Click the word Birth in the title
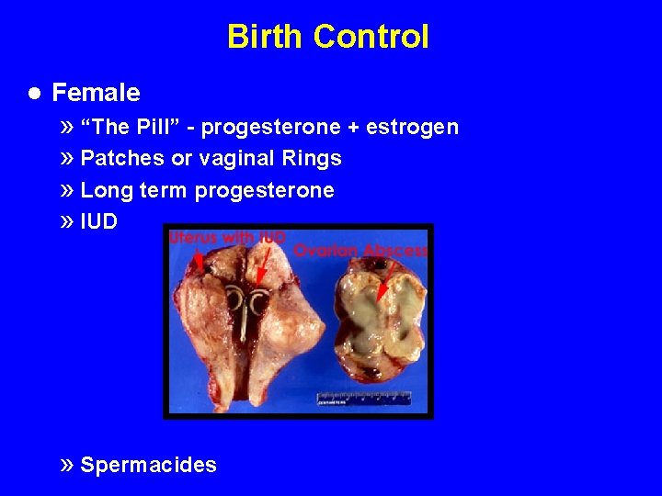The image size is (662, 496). tap(265, 37)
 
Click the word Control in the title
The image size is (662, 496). tap(371, 37)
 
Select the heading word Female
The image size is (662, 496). tap(96, 93)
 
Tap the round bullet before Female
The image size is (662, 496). tap(33, 93)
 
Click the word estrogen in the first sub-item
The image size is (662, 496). tap(412, 127)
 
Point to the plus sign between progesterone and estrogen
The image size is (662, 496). tap(351, 127)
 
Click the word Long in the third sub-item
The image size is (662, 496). tap(104, 190)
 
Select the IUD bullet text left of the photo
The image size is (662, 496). tap(98, 221)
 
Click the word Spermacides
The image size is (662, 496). tap(148, 465)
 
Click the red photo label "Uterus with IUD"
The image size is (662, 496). tap(226, 238)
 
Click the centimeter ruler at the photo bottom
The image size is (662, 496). tap(364, 399)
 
